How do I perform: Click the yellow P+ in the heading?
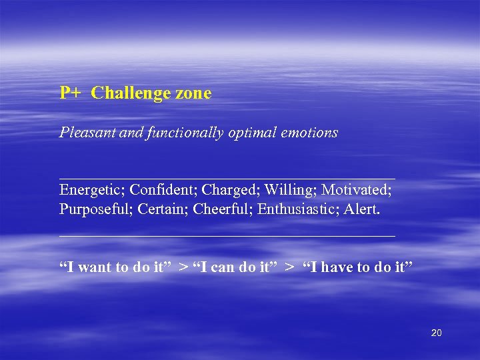70,93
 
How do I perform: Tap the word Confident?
163,191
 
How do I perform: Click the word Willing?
290,191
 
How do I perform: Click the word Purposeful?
97,209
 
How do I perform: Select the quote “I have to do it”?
357,268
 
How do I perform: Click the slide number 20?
436,333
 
